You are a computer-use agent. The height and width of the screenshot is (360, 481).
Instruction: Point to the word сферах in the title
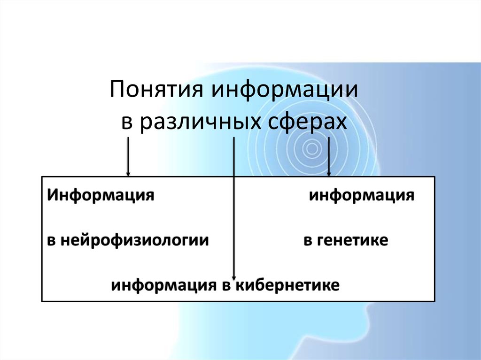[307, 122]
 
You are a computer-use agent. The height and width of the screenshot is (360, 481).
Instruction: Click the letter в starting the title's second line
[127, 123]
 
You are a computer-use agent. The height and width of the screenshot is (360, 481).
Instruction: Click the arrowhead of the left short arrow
[128, 174]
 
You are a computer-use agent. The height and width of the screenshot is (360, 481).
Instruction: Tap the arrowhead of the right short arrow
[329, 174]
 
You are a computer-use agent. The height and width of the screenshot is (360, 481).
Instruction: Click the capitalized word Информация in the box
[101, 195]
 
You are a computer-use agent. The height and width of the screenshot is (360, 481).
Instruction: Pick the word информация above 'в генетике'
[362, 195]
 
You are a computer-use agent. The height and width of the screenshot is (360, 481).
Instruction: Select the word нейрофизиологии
[134, 240]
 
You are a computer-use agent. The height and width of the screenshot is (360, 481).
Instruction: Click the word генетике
[352, 240]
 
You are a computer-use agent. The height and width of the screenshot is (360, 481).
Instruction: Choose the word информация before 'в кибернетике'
[163, 285]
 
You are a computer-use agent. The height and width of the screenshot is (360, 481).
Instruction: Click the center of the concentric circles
[312, 149]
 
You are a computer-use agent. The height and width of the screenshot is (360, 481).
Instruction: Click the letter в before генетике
[308, 241]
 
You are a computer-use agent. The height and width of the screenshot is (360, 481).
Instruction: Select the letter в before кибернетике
[226, 286]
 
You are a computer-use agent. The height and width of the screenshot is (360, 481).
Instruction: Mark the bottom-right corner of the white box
[434, 301]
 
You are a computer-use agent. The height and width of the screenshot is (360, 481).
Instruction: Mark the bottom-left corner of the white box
[42, 301]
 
